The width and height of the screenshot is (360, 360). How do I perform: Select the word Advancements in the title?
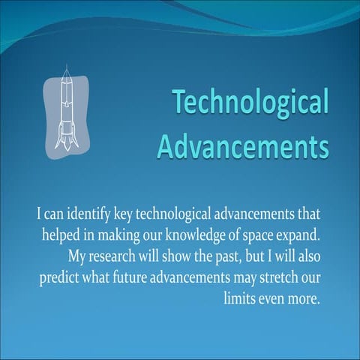pyautogui.click(x=243, y=143)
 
